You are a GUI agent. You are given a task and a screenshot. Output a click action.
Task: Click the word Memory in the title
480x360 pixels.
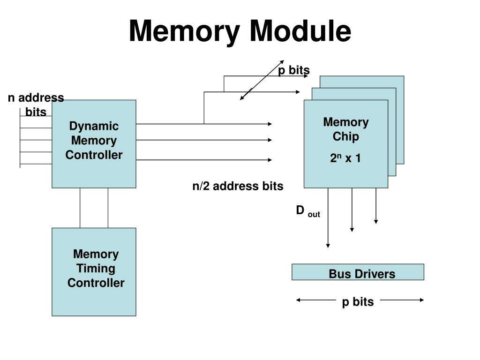click(x=184, y=31)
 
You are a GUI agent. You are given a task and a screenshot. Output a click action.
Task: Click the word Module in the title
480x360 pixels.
click(x=300, y=30)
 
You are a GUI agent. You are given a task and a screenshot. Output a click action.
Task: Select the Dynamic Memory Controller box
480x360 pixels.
click(x=94, y=144)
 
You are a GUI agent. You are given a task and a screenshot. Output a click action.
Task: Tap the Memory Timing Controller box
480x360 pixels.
click(x=94, y=272)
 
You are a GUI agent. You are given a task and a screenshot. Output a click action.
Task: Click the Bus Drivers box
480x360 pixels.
click(x=358, y=272)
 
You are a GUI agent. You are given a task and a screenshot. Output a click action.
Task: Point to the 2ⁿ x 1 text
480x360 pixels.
click(x=345, y=158)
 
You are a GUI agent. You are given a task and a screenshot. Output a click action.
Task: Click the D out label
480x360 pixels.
click(x=308, y=211)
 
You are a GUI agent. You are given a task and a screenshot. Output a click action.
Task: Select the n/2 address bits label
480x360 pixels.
click(x=238, y=186)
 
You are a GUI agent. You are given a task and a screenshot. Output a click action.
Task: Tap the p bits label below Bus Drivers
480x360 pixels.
click(x=358, y=302)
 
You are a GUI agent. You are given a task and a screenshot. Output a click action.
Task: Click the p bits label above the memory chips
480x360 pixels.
click(x=294, y=70)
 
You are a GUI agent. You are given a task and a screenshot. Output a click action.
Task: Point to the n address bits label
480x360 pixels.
click(x=36, y=105)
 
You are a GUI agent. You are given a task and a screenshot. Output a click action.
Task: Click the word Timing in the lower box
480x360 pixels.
click(x=96, y=269)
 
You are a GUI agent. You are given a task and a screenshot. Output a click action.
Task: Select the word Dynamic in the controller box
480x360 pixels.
click(x=94, y=126)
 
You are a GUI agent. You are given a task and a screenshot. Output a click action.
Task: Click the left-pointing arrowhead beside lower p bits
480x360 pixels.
click(x=298, y=300)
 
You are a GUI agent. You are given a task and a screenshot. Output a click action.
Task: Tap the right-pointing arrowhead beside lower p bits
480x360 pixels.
click(x=422, y=300)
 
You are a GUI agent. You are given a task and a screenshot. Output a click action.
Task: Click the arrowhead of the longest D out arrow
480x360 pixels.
click(x=328, y=246)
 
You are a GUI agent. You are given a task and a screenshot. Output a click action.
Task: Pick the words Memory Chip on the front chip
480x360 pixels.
click(x=346, y=129)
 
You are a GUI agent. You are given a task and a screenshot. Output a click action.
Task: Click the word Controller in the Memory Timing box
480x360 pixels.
click(x=96, y=283)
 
